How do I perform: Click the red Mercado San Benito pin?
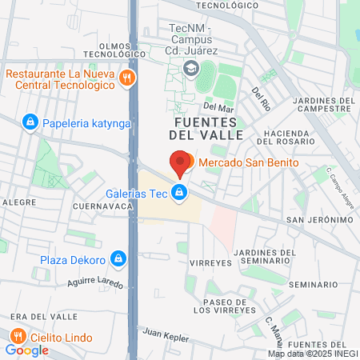(181, 162)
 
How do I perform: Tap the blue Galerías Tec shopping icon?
(181, 192)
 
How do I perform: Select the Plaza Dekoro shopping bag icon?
(118, 258)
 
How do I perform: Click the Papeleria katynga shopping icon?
(30, 122)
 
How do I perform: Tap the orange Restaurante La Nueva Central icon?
(126, 78)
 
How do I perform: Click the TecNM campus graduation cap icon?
(190, 70)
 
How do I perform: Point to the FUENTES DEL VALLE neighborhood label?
(206, 128)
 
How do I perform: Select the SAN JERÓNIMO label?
(320, 220)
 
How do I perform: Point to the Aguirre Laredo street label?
(96, 282)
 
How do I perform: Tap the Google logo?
(26, 350)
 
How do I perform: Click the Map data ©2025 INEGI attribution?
(312, 354)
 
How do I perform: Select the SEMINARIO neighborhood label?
(313, 285)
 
